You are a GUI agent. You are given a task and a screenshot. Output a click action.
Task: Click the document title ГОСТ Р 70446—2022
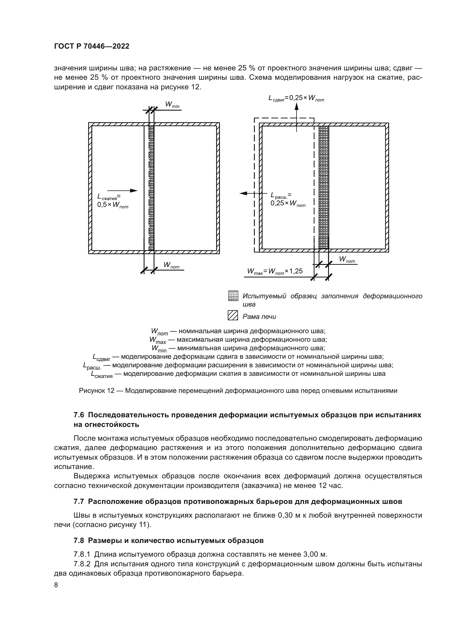coord(92,46)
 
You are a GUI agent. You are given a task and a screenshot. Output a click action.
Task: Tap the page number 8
coord(56,585)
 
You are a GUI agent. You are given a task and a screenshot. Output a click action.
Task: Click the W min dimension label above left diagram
coord(172,105)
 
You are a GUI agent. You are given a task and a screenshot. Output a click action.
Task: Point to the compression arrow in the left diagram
coord(122,191)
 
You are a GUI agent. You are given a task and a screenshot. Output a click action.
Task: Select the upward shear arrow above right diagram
coord(297,115)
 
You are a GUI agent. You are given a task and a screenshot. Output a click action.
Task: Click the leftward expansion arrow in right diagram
coord(252,193)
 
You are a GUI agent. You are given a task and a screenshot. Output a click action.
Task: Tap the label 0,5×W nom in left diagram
coord(113,205)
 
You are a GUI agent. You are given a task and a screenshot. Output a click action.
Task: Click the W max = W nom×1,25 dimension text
coord(275,271)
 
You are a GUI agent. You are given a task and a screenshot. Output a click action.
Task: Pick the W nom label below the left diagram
coord(171,265)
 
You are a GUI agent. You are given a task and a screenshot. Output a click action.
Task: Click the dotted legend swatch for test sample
coord(233,296)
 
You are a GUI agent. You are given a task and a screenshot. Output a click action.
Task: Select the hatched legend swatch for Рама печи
coord(233,315)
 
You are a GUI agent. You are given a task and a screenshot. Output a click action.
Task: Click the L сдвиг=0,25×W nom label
coord(296,98)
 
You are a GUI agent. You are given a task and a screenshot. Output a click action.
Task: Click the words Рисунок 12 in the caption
coord(97,391)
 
